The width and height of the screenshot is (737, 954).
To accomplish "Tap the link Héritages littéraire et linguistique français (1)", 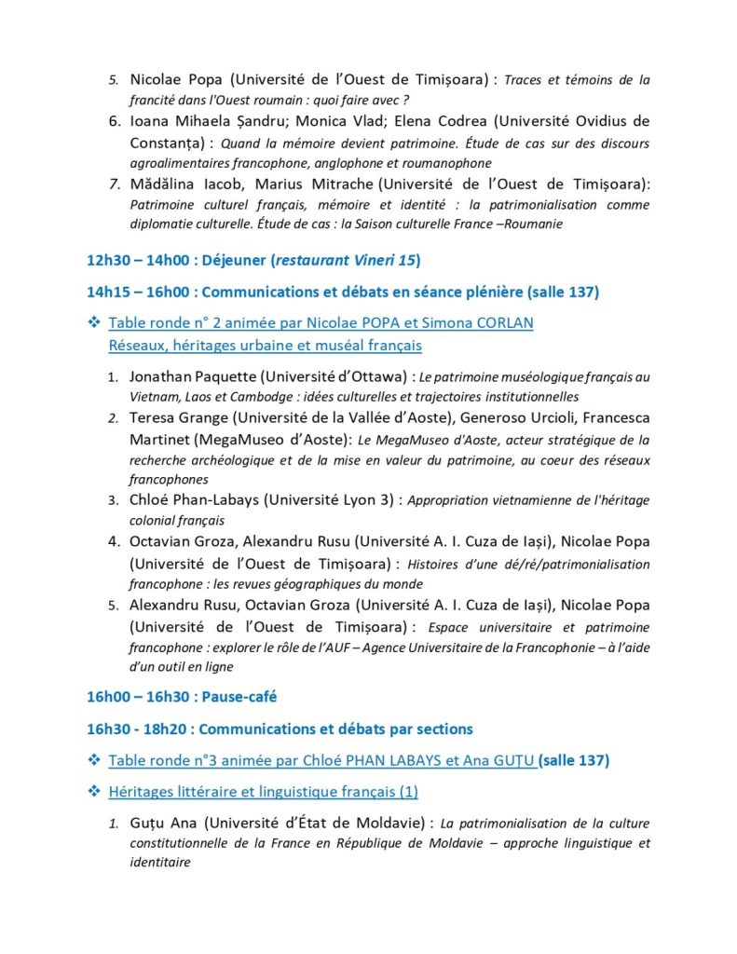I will pos(264,792).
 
